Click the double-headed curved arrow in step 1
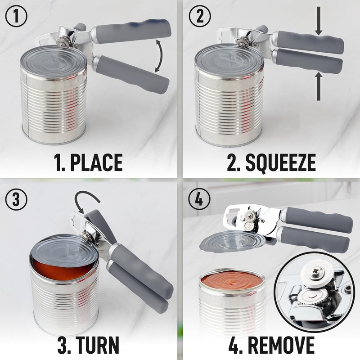(x=158, y=55)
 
